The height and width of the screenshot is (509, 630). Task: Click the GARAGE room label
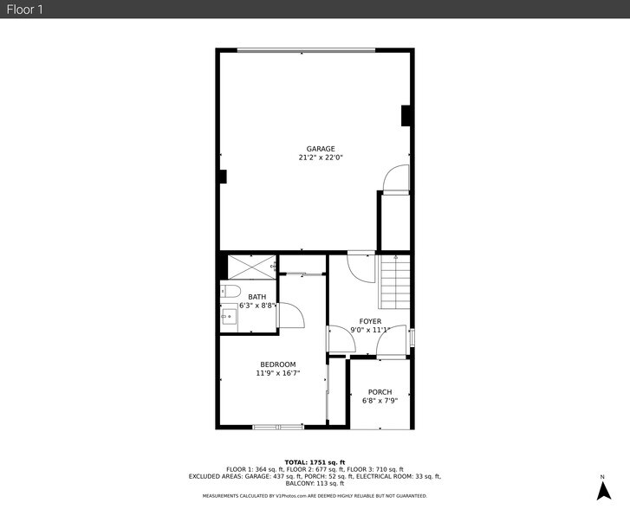click(x=320, y=149)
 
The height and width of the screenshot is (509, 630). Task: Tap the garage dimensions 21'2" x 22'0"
click(x=320, y=158)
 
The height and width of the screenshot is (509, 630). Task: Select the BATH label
click(x=257, y=297)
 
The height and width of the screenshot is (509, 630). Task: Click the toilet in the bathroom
click(x=231, y=291)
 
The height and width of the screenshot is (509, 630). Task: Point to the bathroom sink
click(x=230, y=318)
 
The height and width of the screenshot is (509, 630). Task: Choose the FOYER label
click(x=370, y=321)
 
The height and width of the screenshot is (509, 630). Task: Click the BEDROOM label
click(x=278, y=364)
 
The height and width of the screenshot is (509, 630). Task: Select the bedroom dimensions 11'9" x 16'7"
click(x=278, y=373)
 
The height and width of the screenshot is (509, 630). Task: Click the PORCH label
click(x=380, y=392)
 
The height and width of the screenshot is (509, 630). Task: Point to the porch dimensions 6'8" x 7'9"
click(x=380, y=401)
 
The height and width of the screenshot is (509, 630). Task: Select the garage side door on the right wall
click(x=395, y=177)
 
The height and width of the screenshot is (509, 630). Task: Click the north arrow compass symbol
click(x=603, y=490)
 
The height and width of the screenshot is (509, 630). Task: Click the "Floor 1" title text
click(x=24, y=9)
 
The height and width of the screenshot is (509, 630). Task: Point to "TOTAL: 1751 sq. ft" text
click(x=315, y=462)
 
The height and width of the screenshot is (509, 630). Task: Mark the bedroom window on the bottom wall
click(x=277, y=427)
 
